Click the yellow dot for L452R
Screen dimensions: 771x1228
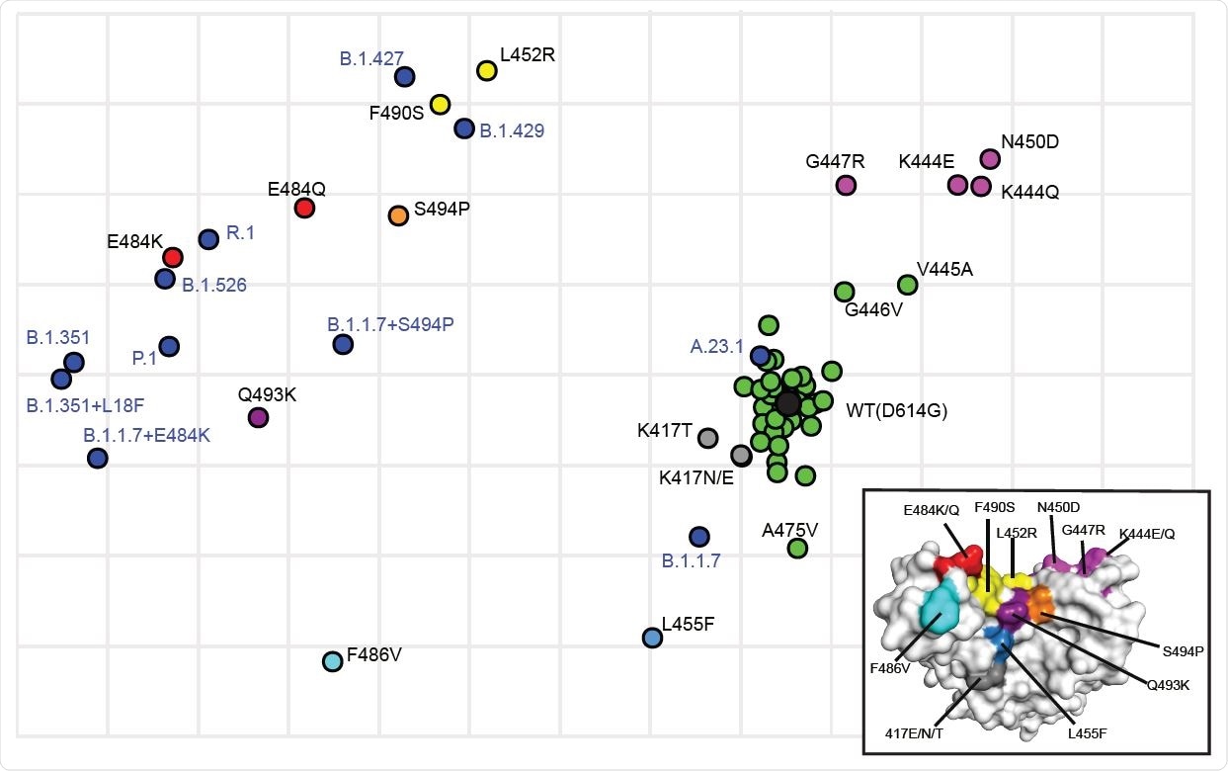point(486,70)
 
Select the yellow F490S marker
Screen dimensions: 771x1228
point(440,105)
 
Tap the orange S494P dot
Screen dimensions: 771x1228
point(398,215)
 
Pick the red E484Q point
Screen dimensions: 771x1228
point(304,208)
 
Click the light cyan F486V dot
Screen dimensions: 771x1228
point(333,661)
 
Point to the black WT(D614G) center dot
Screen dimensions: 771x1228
point(787,403)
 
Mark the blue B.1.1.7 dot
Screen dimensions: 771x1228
point(699,537)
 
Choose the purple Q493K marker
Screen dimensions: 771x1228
point(258,417)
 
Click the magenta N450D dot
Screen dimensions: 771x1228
point(990,159)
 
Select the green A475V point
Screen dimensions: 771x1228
point(797,548)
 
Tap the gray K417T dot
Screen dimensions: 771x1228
point(707,437)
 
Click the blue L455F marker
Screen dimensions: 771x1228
point(652,638)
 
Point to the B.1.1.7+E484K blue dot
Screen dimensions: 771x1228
point(97,458)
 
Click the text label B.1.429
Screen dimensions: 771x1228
point(512,129)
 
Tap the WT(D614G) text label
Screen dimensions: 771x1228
point(896,410)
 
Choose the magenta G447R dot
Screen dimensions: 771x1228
point(846,185)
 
